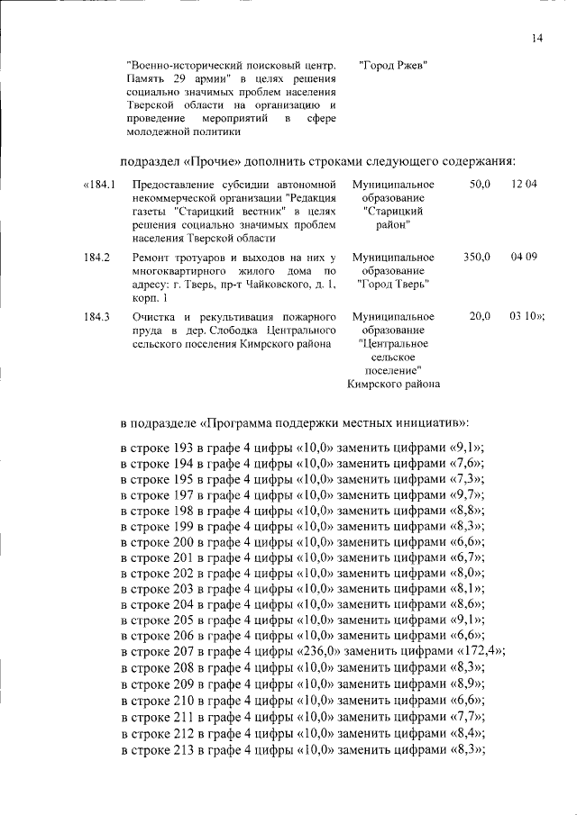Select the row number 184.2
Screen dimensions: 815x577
point(96,258)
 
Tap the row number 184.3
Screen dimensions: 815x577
point(96,317)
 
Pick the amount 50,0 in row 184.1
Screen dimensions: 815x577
point(480,185)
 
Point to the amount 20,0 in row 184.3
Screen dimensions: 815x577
point(480,317)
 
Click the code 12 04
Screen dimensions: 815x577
point(523,185)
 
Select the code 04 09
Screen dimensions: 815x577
point(523,258)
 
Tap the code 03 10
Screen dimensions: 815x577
point(525,317)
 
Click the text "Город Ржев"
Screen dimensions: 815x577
point(392,66)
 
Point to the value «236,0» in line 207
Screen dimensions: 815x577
point(316,651)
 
